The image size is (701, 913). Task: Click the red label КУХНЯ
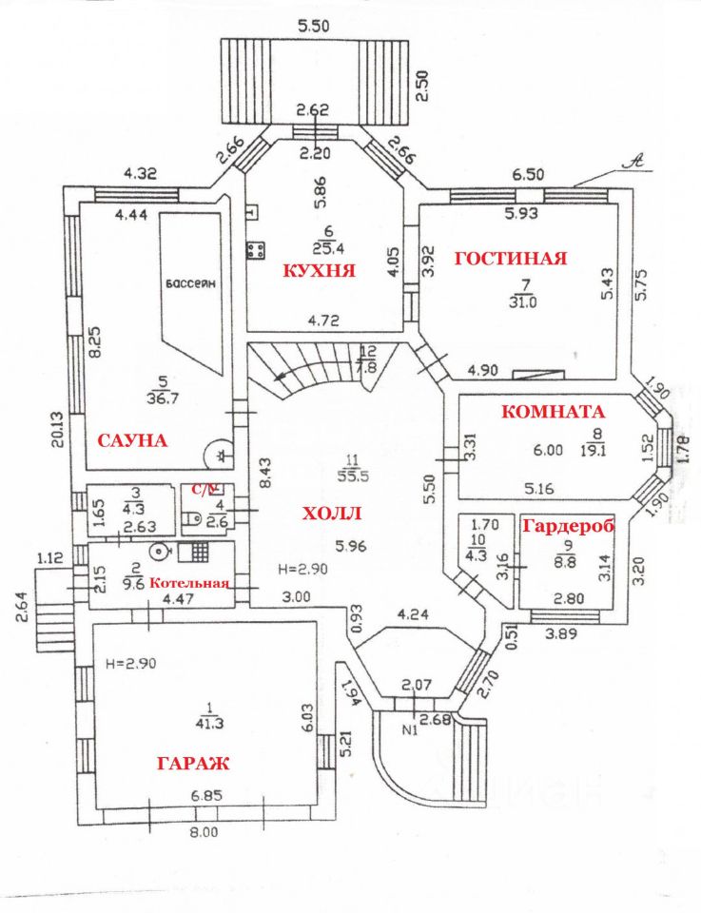coord(320,270)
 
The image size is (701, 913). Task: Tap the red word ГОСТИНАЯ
coord(510,258)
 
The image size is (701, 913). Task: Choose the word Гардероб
coord(565,526)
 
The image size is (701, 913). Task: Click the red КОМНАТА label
coord(553,412)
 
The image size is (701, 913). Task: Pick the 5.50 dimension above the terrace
coord(313,27)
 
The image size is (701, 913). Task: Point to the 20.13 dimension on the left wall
coord(58,430)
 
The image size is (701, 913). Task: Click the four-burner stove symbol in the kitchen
coord(256,251)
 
